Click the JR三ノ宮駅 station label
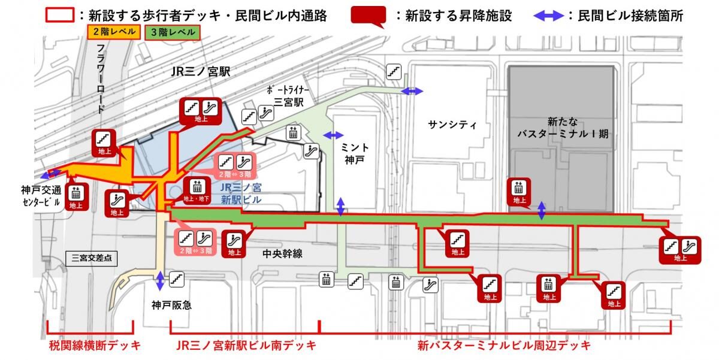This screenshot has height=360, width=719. click(200, 72)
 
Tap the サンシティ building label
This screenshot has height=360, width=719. click(452, 125)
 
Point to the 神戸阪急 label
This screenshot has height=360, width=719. click(171, 304)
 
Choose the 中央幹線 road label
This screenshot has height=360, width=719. click(283, 254)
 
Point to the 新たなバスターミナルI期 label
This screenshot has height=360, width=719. click(563, 127)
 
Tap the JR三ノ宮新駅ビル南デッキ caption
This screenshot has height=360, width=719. click(246, 346)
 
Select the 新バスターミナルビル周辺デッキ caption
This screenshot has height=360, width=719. click(504, 346)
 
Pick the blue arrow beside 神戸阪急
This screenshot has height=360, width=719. click(160, 280)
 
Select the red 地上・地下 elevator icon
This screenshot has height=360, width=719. click(197, 190)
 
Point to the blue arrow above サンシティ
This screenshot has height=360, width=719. click(412, 91)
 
